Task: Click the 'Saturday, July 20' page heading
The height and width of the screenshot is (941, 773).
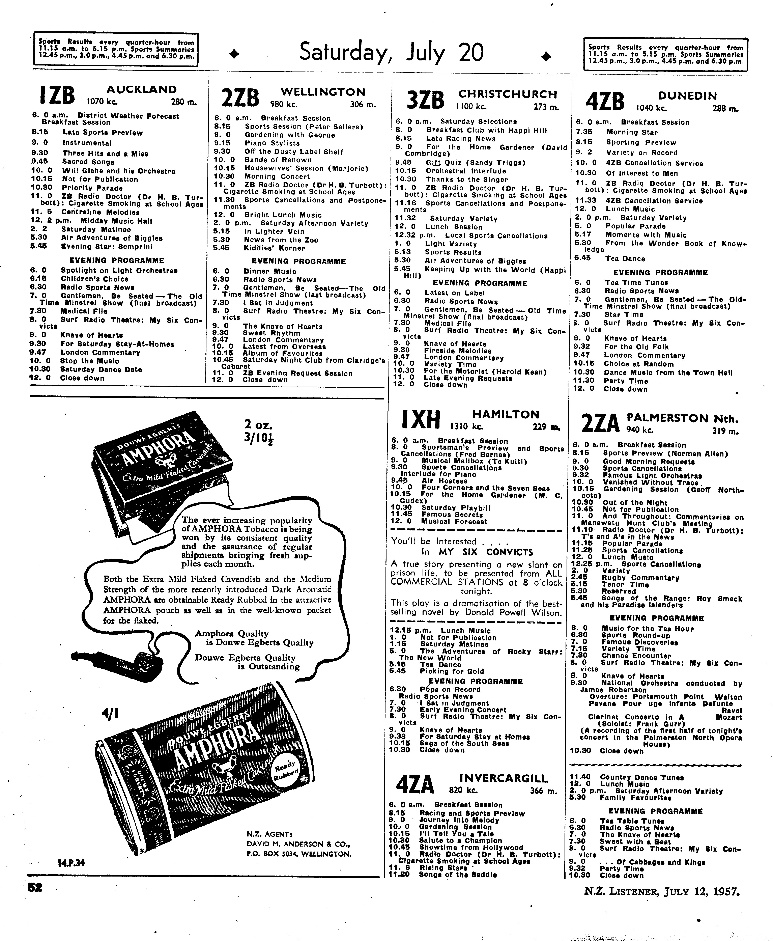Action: pyautogui.click(x=391, y=53)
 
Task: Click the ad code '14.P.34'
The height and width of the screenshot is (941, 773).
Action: pyautogui.click(x=71, y=863)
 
